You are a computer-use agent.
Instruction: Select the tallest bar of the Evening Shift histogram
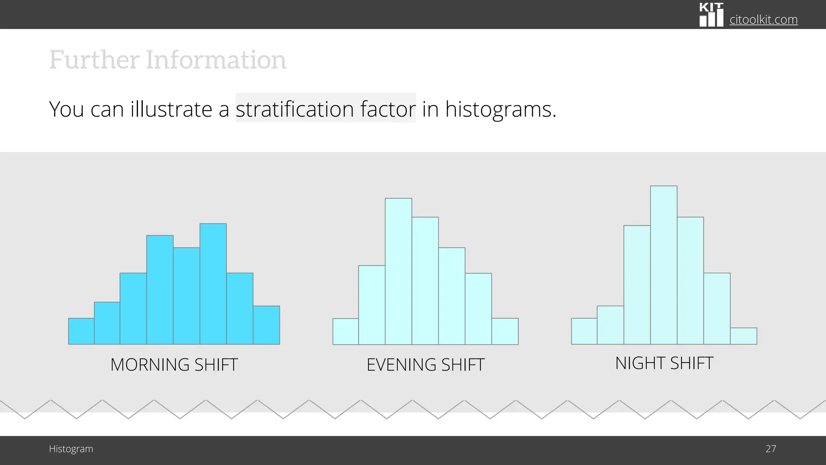[x=398, y=271]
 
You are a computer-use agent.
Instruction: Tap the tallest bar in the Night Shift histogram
[x=663, y=265]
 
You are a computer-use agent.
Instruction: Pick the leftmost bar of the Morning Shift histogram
[x=81, y=331]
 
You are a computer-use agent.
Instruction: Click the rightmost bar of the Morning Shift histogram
[x=266, y=325]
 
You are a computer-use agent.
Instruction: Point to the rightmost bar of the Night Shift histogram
[x=743, y=336]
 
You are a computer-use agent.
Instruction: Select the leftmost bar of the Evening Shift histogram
[x=346, y=331]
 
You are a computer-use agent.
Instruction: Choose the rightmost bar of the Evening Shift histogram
[x=505, y=331]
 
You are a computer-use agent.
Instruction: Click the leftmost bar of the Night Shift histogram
[x=584, y=331]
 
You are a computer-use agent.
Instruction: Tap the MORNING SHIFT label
[x=174, y=365]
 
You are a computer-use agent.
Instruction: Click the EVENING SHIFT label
[x=426, y=365]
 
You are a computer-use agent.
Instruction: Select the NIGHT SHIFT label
[x=664, y=363]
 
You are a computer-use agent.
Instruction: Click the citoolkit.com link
[x=763, y=19]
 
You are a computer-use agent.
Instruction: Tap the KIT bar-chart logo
[x=711, y=15]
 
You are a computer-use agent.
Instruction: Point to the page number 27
[x=771, y=449]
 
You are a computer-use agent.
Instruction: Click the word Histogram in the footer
[x=71, y=449]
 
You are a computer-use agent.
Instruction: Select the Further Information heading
[x=168, y=60]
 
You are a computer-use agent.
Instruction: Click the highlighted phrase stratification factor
[x=325, y=109]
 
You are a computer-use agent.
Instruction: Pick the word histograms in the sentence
[x=501, y=109]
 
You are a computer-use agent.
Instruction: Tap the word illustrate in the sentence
[x=171, y=109]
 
